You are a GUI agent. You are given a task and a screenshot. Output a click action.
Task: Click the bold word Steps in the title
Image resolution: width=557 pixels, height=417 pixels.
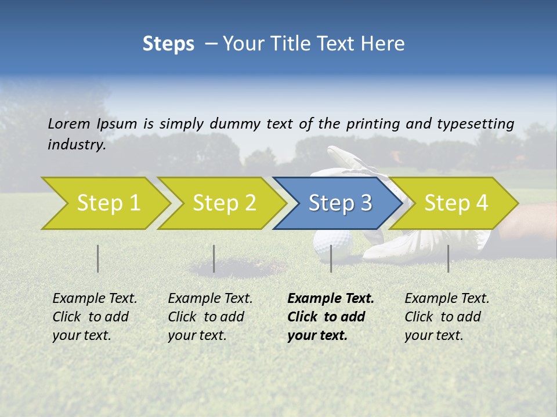(168, 44)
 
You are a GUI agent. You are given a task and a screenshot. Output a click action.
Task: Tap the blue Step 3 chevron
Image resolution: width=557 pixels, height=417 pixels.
(339, 203)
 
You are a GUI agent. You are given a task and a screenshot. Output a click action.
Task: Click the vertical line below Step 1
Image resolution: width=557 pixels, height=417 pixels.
(98, 258)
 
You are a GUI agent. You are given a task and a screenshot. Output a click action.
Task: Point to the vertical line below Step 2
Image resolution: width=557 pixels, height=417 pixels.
(214, 258)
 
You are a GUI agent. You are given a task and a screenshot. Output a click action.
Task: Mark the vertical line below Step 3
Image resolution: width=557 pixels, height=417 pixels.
(331, 258)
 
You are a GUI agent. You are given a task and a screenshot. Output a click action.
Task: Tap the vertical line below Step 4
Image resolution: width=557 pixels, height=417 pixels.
(449, 258)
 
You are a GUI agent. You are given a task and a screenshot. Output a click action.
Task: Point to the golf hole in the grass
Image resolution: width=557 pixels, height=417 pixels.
(238, 268)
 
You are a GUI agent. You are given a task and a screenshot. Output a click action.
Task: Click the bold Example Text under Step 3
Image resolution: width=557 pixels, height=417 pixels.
(331, 299)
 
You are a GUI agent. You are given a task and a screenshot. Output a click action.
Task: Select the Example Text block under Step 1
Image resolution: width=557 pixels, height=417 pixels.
(95, 317)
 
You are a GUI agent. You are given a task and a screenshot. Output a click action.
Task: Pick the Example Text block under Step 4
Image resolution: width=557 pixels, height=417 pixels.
(447, 317)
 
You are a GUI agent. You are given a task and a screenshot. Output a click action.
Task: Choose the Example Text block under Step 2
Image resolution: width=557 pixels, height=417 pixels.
(210, 317)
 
